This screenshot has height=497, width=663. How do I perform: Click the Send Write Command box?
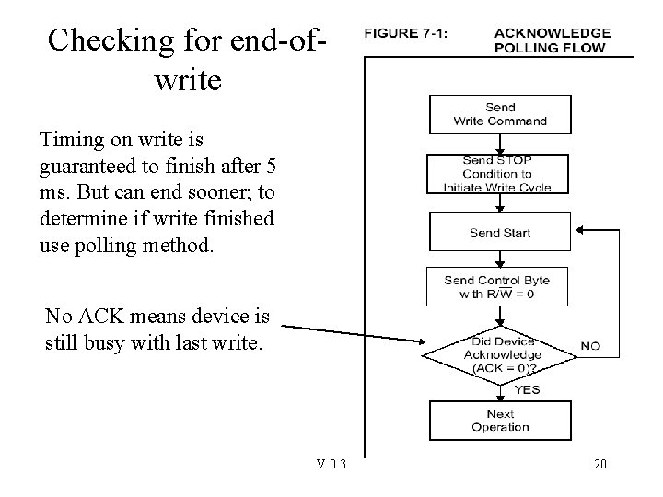point(499,114)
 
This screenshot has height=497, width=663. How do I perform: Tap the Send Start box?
point(499,233)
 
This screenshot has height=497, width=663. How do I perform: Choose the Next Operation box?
point(499,421)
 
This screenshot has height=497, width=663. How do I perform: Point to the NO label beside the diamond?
point(590,347)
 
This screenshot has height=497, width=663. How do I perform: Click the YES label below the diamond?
point(526,389)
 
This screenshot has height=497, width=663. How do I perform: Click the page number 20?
point(599,464)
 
